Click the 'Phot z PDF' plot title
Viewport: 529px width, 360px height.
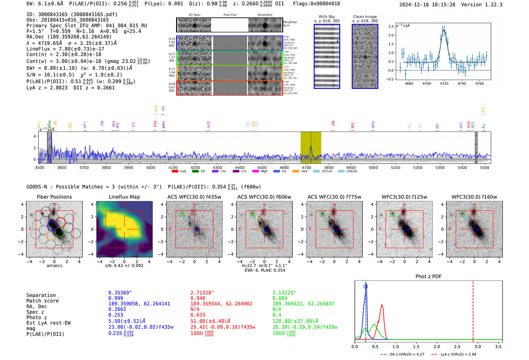tap(428, 277)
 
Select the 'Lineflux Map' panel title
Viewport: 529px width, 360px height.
tap(124, 197)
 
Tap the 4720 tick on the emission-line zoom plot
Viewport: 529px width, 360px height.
tap(444, 83)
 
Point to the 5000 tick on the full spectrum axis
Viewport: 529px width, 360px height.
tap(373, 167)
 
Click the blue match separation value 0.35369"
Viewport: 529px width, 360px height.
tap(120, 293)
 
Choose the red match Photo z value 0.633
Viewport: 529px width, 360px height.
tap(198, 315)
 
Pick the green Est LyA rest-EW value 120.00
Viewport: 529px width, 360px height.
tap(295, 321)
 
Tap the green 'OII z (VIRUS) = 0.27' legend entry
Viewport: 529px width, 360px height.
tap(403, 354)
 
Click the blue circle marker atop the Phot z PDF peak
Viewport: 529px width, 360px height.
tap(365, 286)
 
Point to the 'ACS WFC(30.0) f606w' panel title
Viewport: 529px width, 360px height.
tap(264, 197)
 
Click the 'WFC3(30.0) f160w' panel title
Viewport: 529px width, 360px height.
tap(474, 197)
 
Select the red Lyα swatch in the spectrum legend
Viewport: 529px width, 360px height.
tap(175, 172)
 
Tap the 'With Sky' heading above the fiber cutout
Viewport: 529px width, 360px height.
tap(326, 17)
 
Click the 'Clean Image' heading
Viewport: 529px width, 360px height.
tap(365, 17)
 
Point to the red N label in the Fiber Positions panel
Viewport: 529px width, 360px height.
tap(54, 205)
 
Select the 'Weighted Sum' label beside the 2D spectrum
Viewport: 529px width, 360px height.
tap(289, 24)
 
